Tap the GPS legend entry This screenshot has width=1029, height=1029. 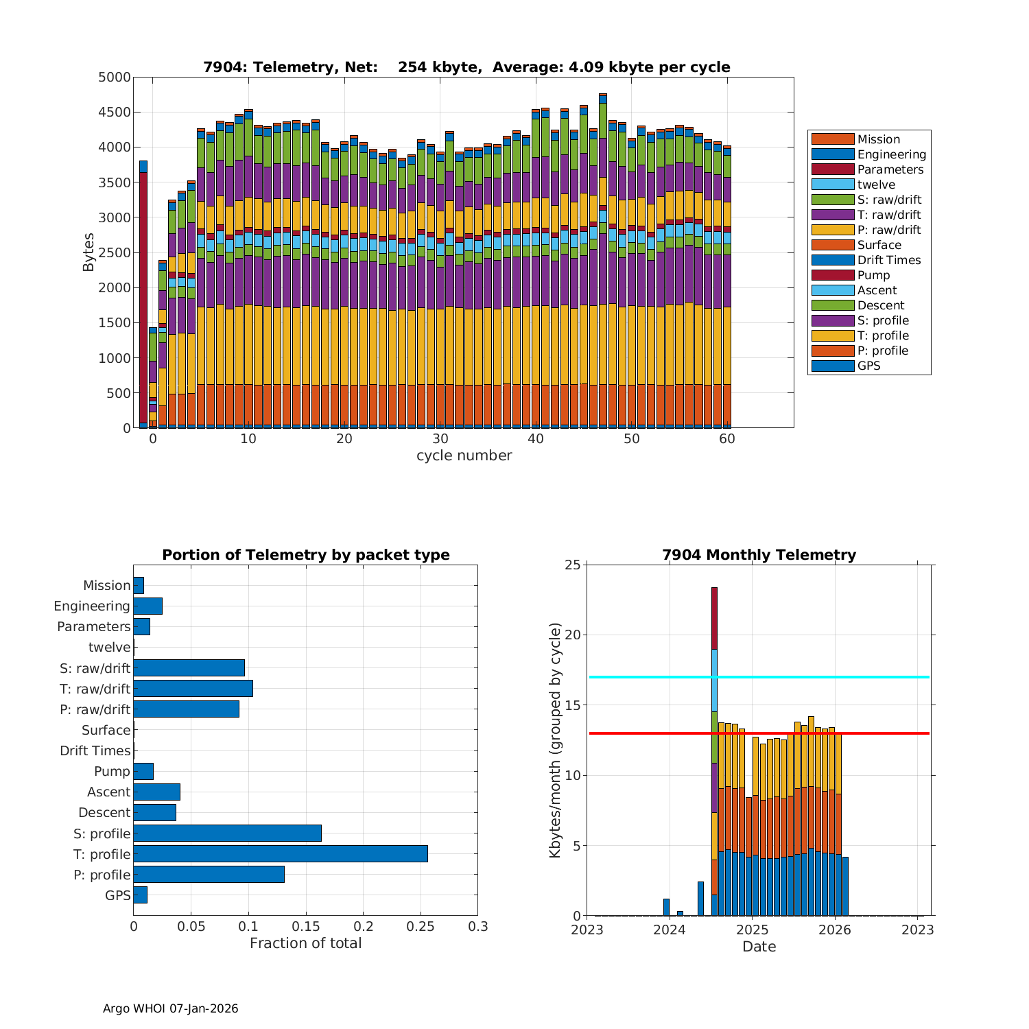coord(868,366)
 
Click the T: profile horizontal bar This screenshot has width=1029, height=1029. coord(281,853)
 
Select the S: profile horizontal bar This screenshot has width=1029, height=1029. coord(227,833)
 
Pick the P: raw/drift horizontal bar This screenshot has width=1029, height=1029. coord(186,709)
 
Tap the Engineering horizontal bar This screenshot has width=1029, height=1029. coord(147,606)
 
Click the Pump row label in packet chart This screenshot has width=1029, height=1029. coord(112,771)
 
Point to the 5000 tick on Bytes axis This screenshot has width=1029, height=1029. coord(114,78)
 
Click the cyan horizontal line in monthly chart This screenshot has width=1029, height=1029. coord(823,677)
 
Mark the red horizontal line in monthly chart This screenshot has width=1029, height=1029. coord(823,733)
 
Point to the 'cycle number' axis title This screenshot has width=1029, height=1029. coord(464,456)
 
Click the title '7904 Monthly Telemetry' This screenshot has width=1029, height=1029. coord(759,555)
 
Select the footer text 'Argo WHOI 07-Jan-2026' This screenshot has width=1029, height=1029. coord(170,1008)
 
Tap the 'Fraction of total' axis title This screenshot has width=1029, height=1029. coord(305,943)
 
